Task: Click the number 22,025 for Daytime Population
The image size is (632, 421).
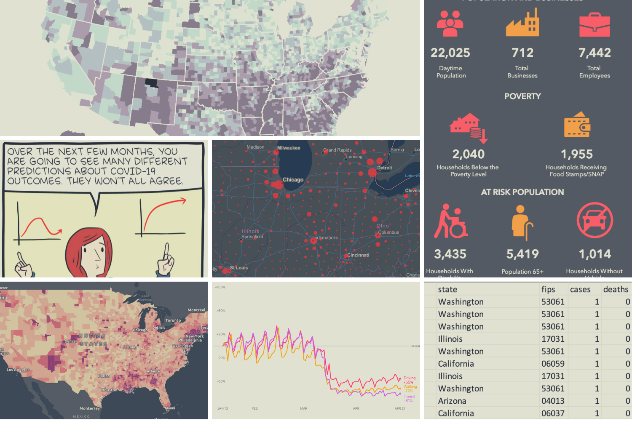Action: (450, 53)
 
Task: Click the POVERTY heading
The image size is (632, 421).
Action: (522, 96)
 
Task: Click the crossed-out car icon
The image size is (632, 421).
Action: (595, 220)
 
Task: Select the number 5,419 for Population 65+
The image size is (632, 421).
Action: (522, 254)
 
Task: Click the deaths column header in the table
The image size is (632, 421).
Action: (616, 289)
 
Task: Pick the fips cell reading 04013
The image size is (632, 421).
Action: (552, 401)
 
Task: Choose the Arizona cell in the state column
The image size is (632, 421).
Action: (452, 401)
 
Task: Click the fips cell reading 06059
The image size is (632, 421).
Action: (552, 364)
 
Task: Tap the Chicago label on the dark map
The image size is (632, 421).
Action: (293, 180)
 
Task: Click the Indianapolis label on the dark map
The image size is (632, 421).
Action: (326, 237)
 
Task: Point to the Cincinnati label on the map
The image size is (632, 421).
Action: (358, 255)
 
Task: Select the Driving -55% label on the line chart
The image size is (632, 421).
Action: (409, 380)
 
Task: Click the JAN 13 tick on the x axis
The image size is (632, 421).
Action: (222, 408)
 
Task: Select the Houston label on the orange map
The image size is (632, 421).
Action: (109, 390)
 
